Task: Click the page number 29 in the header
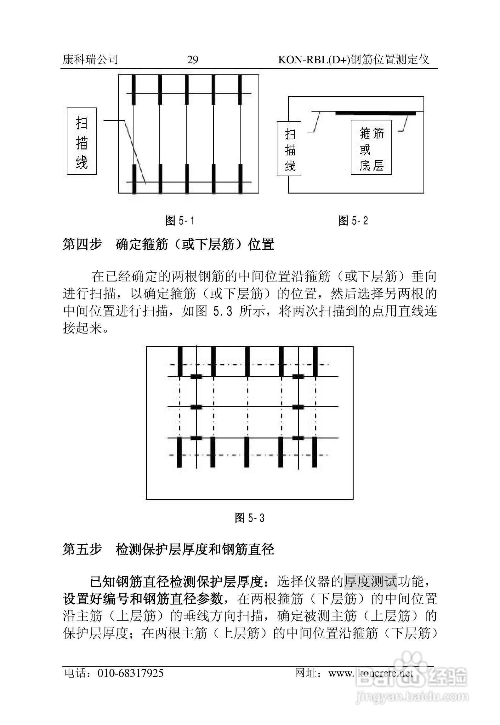[192, 60]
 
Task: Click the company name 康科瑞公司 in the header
[90, 59]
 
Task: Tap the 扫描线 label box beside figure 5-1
[82, 142]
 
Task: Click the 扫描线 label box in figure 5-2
[289, 148]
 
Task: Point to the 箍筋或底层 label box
[371, 147]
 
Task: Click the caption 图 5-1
[180, 221]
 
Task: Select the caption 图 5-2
[353, 221]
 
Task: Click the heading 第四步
[82, 245]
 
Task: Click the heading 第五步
[82, 549]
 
